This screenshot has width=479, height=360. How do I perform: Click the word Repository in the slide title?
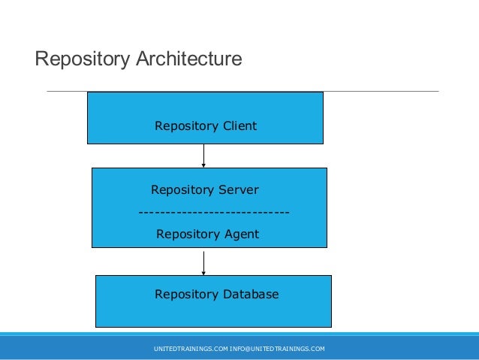click(83, 59)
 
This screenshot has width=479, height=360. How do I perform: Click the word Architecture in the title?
click(189, 59)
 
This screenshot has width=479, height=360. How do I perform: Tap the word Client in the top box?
click(239, 126)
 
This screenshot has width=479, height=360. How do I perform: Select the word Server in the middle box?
click(239, 189)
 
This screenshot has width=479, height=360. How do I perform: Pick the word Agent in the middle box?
click(242, 234)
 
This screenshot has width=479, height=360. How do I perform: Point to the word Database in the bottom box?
click(251, 294)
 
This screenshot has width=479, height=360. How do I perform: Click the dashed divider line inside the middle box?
click(214, 212)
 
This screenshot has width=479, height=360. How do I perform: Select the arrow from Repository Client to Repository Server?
click(203, 156)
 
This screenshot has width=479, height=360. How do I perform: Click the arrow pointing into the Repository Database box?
click(203, 263)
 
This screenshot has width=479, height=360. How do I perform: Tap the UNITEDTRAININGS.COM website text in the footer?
click(191, 349)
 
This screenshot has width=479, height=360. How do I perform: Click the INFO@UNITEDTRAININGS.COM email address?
click(277, 349)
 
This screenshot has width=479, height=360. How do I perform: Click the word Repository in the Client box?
click(186, 126)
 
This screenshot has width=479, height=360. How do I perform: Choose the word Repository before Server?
click(182, 190)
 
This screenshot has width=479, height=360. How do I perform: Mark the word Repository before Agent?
click(188, 234)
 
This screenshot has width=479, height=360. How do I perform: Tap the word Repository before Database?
click(186, 295)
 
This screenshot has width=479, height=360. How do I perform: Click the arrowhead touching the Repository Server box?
click(203, 165)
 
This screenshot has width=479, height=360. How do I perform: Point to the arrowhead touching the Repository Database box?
click(203, 274)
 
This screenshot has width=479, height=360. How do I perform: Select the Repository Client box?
click(205, 118)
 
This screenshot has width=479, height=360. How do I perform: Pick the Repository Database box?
click(213, 301)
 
